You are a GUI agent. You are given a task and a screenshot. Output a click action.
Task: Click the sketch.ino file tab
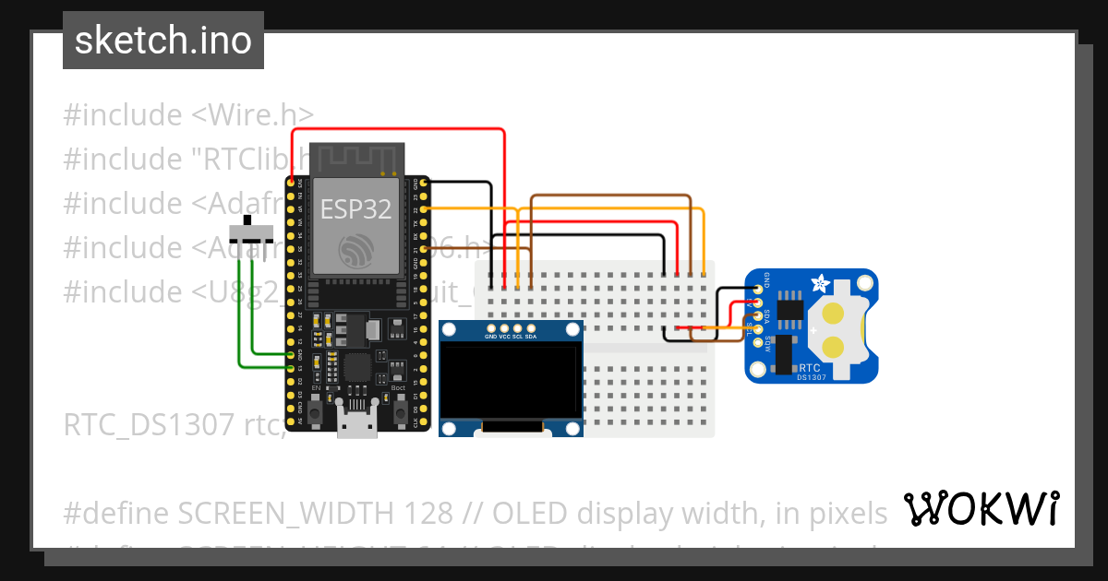(x=163, y=41)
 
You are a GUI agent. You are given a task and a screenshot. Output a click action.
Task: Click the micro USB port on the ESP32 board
(x=356, y=427)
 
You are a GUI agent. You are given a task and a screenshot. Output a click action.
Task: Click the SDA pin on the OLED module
(x=531, y=328)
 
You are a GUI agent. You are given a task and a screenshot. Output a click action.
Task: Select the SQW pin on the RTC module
(x=758, y=342)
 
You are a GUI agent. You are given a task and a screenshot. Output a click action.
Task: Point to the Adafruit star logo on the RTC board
(x=818, y=282)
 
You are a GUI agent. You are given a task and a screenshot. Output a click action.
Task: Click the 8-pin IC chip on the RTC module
(x=791, y=311)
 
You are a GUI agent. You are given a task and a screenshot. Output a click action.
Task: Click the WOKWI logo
(x=981, y=508)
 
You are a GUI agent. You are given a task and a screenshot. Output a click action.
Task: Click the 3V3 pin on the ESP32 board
(x=292, y=184)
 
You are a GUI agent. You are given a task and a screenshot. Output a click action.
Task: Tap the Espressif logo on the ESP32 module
(x=356, y=250)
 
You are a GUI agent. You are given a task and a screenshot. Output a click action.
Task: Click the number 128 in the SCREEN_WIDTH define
(x=428, y=512)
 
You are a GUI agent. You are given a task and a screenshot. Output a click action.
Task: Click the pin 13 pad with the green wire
(x=292, y=368)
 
